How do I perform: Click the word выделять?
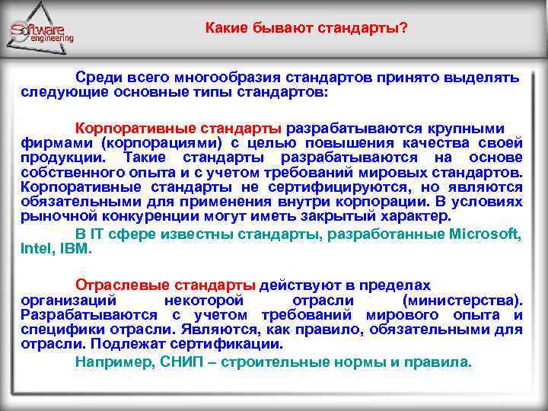tap(484, 78)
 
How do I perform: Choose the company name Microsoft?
tap(485, 234)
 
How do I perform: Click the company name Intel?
tap(34, 248)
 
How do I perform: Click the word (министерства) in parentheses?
tap(463, 300)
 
